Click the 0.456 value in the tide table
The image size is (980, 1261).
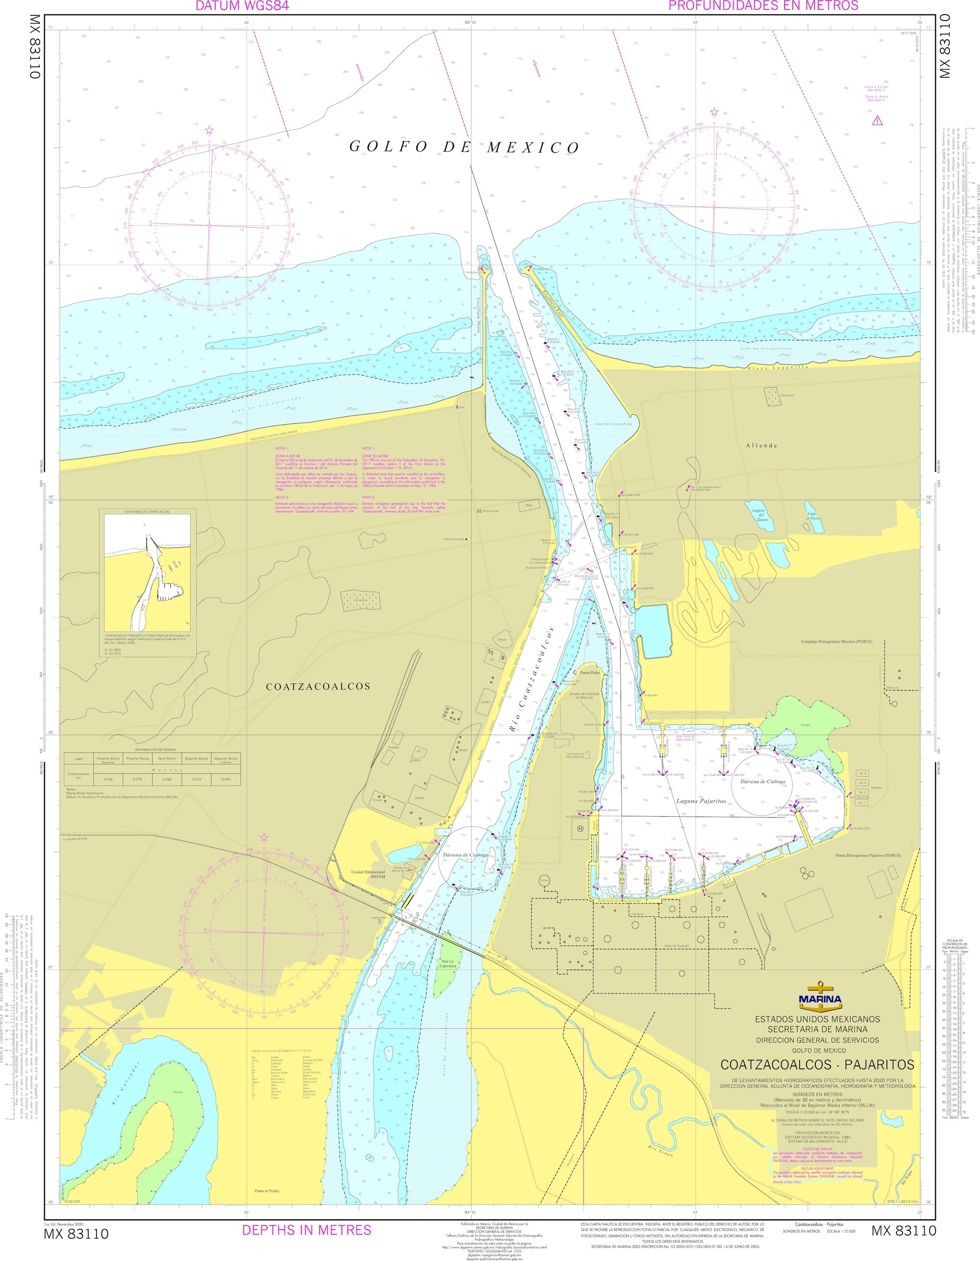[x=108, y=779]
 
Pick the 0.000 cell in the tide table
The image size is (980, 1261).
[x=226, y=779]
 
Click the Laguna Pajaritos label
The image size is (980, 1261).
[x=701, y=802]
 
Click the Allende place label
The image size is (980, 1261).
[x=761, y=445]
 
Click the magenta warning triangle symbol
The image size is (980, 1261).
[x=877, y=121]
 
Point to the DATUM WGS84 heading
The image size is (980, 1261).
[x=243, y=6]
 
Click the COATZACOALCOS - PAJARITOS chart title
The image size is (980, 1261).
[x=817, y=1063]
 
